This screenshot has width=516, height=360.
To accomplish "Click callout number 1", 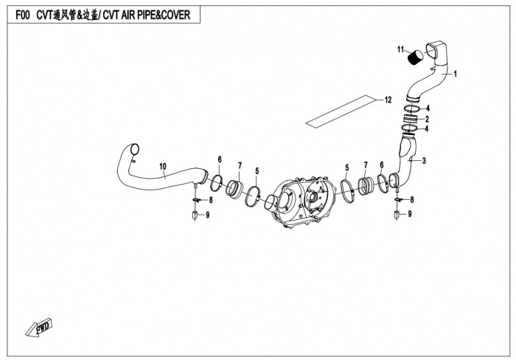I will click(x=456, y=74).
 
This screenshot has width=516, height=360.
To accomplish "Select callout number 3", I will click(x=424, y=159).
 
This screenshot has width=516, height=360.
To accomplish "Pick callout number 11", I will click(x=401, y=50).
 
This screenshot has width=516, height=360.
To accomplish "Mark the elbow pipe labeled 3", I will click(x=405, y=159).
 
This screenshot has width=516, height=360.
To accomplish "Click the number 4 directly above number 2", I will click(x=428, y=109).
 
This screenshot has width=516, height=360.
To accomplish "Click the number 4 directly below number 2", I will click(x=428, y=128).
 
